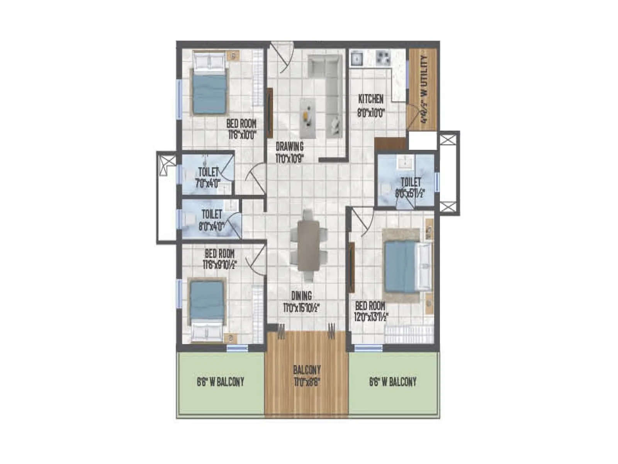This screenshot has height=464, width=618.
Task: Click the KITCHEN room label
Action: pyautogui.click(x=371, y=99)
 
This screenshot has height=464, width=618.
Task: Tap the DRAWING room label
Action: pyautogui.click(x=290, y=147)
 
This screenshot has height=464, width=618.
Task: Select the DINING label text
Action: pyautogui.click(x=301, y=296)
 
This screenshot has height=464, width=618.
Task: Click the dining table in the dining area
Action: pyautogui.click(x=309, y=246)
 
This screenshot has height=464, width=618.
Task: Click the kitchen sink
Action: pyautogui.click(x=357, y=58)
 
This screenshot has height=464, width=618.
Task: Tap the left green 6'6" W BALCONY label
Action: pyautogui.click(x=221, y=382)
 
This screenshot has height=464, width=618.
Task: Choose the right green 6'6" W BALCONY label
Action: pyautogui.click(x=393, y=382)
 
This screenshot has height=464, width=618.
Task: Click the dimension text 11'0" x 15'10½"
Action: pyautogui.click(x=301, y=308)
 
